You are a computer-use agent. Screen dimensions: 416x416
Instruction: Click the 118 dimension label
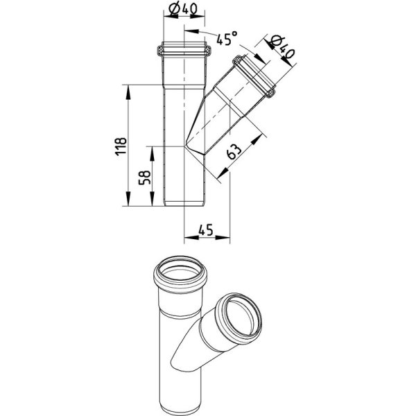[x=121, y=146]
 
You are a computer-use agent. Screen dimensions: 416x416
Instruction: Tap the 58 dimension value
[x=145, y=177]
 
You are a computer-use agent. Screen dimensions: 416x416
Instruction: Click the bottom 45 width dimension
[x=205, y=229]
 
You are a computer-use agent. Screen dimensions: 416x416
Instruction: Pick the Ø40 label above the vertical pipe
[x=183, y=10]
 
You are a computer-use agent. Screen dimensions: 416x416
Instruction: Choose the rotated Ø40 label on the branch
[x=281, y=47]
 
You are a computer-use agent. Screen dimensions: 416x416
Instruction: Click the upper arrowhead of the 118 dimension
[x=128, y=92]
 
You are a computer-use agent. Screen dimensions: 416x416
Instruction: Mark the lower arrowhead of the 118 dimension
[x=128, y=199]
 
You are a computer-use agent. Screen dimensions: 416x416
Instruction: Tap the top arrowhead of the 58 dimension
[x=152, y=153]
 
